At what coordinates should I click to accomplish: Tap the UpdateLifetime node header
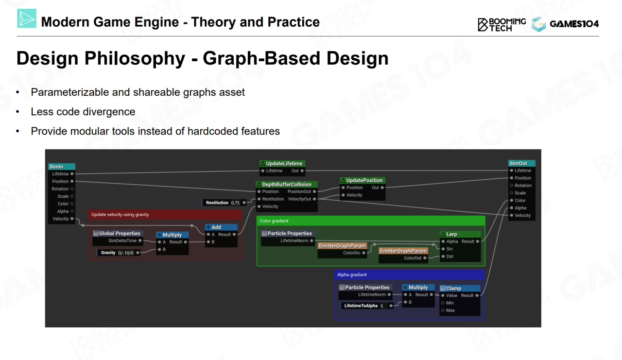(x=283, y=164)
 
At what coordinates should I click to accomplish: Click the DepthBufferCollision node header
(x=287, y=185)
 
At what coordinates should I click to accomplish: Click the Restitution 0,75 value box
(x=224, y=203)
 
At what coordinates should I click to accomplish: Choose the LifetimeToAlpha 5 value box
(x=366, y=306)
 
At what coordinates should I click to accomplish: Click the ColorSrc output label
(x=352, y=253)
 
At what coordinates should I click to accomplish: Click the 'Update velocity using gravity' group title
(x=120, y=214)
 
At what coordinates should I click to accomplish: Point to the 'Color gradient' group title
(x=274, y=221)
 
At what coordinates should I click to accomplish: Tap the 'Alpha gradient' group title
(x=352, y=275)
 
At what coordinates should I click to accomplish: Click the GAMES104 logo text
(x=574, y=24)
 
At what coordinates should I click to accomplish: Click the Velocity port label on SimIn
(x=61, y=219)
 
